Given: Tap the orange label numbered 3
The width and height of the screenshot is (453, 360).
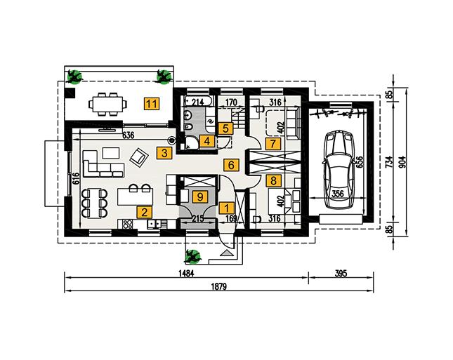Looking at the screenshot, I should [163, 152].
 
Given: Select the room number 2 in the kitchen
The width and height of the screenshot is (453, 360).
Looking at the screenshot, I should [143, 211].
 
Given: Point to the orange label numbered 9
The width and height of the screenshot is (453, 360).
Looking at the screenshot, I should [200, 197].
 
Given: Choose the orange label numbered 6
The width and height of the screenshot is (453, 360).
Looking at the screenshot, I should [229, 166].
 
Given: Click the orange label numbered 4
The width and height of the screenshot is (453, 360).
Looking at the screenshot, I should [206, 141].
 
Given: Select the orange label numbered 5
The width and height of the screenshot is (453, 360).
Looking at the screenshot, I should [225, 128].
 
